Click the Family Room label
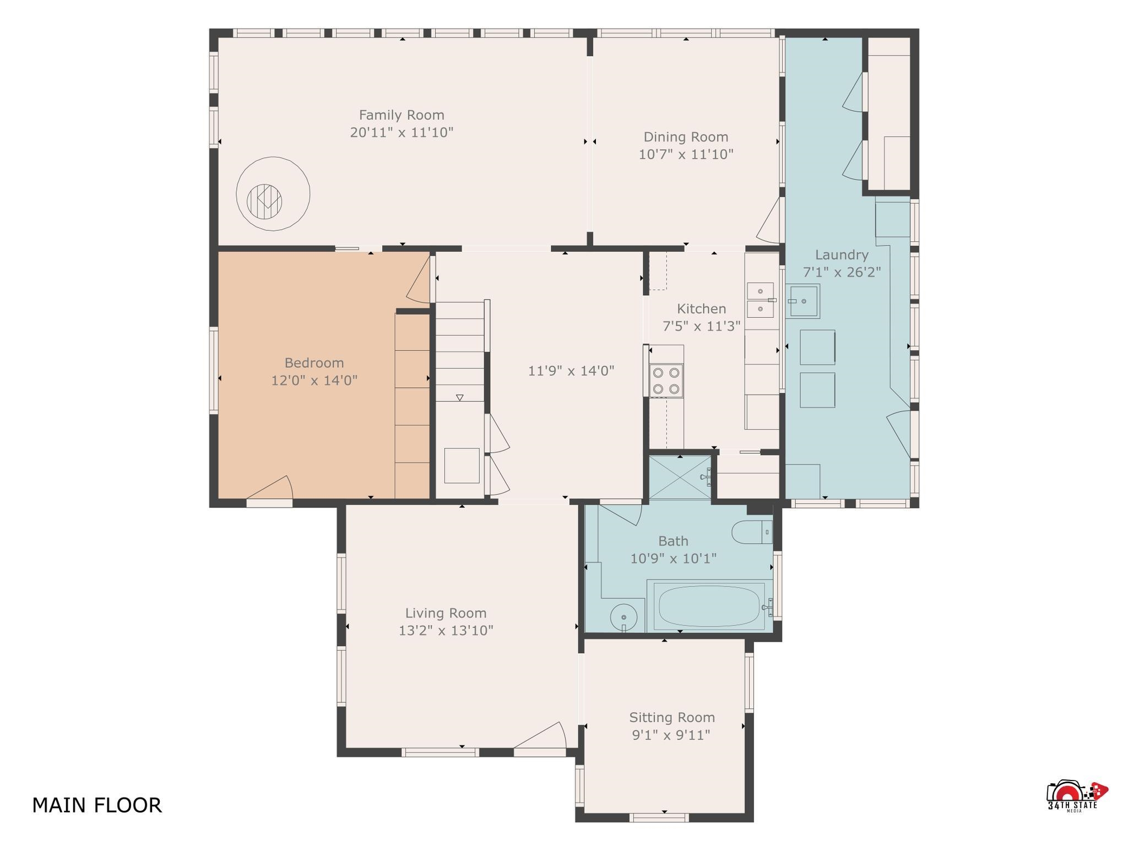click(402, 115)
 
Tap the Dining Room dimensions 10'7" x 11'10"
click(686, 154)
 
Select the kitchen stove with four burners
click(666, 381)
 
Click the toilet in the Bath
click(752, 532)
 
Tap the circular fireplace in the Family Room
click(273, 194)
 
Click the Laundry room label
click(842, 255)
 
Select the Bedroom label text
click(314, 363)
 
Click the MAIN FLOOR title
click(97, 805)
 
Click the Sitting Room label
click(672, 718)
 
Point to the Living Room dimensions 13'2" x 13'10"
click(446, 631)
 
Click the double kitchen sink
click(761, 300)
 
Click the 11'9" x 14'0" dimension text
click(571, 371)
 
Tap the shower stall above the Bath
click(680, 477)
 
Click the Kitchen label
click(701, 309)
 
